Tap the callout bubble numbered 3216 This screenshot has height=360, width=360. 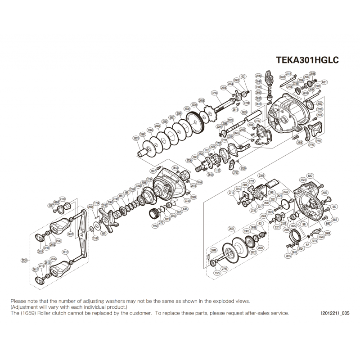[214, 93]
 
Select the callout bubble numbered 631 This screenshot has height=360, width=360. [324, 82]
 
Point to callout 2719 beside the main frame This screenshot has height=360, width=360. [320, 109]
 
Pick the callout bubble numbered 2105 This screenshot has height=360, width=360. [62, 198]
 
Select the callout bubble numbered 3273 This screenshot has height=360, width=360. [315, 241]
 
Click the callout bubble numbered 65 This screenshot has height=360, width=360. [334, 207]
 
